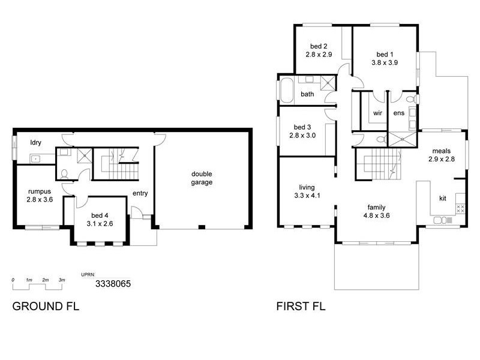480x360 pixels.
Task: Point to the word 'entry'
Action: pos(140,193)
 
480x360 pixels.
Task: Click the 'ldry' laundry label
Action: pos(36,142)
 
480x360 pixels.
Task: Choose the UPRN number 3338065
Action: pos(113,284)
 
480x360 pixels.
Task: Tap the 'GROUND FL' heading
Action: pos(46,307)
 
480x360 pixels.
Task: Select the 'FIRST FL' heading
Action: pos(301,307)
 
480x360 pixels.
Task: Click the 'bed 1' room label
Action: pos(383,53)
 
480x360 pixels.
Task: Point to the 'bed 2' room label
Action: pos(319,46)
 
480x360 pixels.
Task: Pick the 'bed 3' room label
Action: pos(302,127)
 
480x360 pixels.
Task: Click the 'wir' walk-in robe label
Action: pos(378,113)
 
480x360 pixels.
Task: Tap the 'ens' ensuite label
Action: pos(399,113)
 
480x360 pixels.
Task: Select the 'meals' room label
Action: pos(440,151)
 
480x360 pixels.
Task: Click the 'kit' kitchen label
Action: pos(443,198)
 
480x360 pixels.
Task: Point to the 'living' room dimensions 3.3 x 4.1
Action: pos(307,195)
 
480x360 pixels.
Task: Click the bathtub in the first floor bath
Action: pos(286,90)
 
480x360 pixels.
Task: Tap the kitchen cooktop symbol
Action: pos(461,208)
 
